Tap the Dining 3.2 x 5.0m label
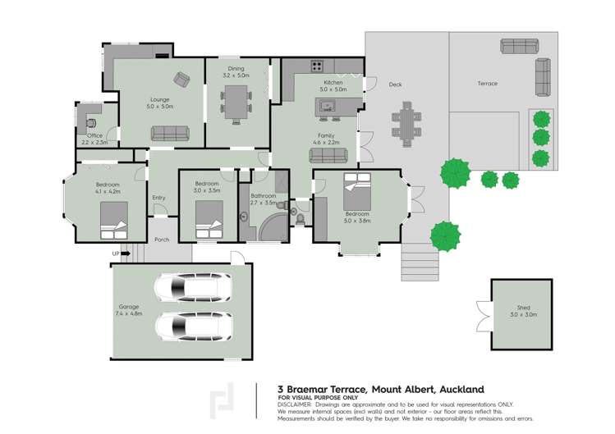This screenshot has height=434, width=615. [236, 72]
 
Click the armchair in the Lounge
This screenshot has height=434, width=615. [181, 79]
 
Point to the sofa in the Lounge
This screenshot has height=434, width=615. [169, 133]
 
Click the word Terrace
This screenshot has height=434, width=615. [488, 84]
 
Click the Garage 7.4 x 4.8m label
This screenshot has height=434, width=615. [130, 310]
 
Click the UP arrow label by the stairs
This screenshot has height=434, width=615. [116, 254]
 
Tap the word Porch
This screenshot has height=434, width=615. [162, 240]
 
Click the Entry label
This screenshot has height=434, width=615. [158, 198]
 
